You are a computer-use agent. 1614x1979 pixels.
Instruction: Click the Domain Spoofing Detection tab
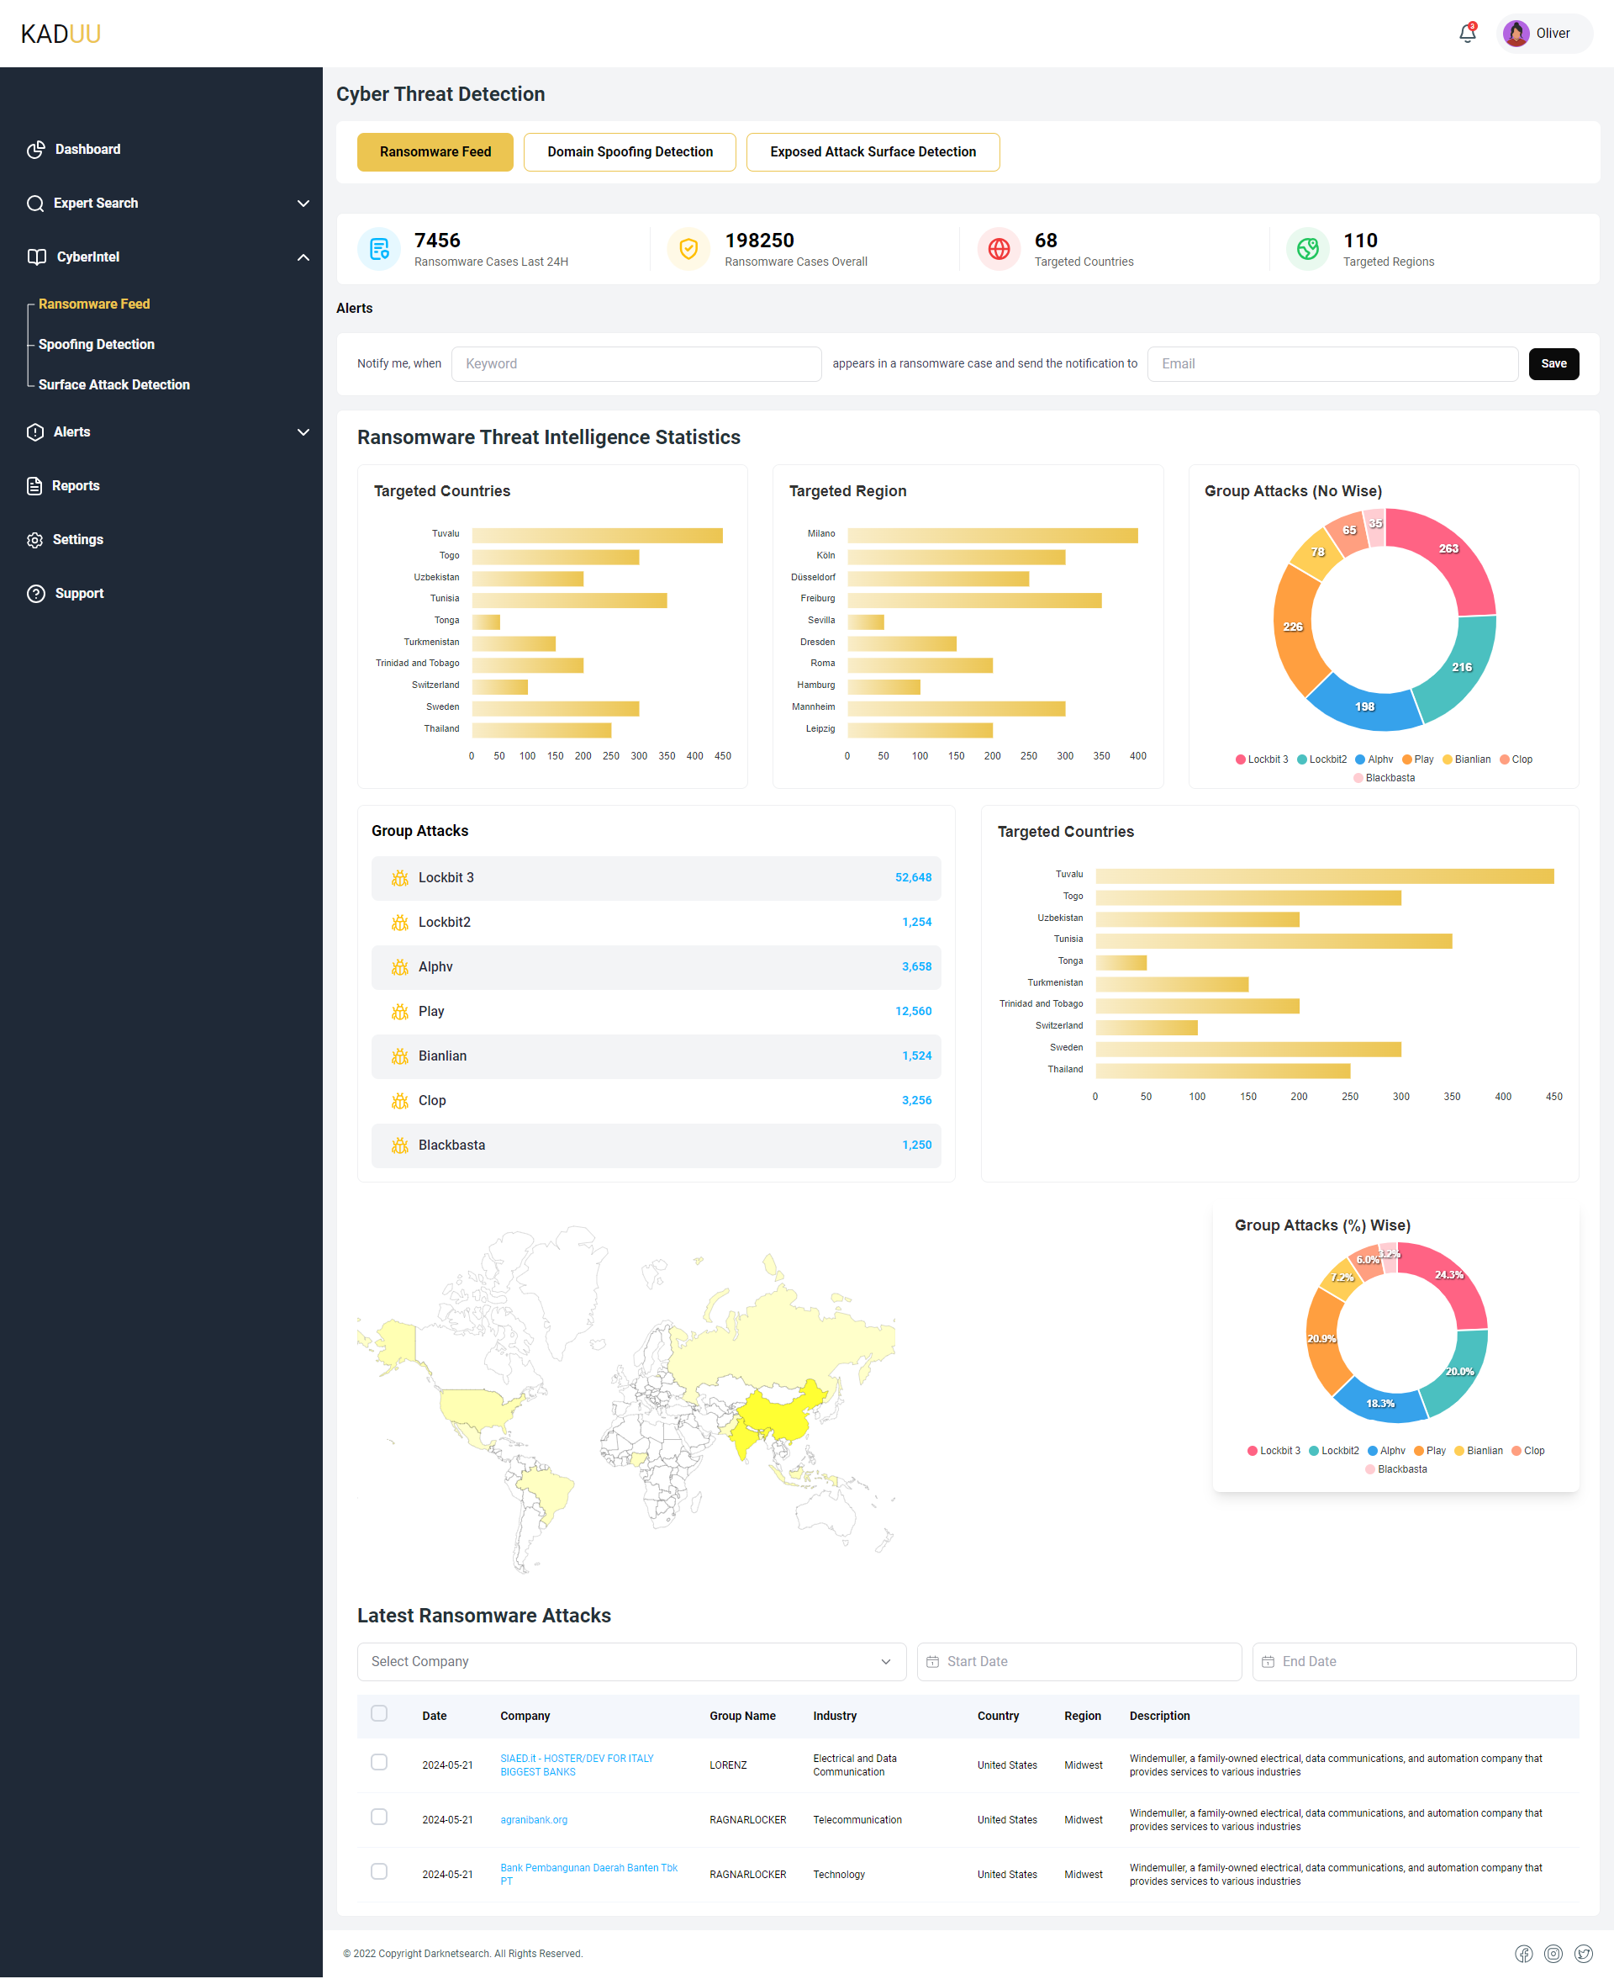coord(630,151)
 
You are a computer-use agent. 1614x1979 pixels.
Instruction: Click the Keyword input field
coord(636,363)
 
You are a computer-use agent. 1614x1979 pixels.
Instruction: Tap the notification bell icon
coord(1466,34)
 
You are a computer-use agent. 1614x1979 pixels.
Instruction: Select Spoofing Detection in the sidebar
coord(96,344)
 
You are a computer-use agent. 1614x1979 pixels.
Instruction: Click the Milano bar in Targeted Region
coord(992,536)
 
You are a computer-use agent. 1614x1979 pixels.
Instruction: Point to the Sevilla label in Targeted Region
coord(821,621)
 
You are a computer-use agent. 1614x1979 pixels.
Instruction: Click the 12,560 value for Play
coord(912,1011)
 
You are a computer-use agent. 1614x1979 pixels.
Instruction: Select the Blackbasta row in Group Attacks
coord(656,1145)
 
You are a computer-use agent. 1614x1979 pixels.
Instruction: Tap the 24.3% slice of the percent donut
coord(1448,1283)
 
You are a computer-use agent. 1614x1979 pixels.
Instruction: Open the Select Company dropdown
coord(631,1661)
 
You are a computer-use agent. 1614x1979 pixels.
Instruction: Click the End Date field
coord(1413,1661)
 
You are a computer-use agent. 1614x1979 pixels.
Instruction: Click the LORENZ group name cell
coord(728,1765)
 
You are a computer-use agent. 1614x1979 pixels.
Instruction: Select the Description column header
coord(1158,1716)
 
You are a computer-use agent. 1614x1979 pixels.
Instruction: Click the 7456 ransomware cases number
coord(437,240)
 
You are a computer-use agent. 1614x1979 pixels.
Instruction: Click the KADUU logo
coord(61,34)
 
